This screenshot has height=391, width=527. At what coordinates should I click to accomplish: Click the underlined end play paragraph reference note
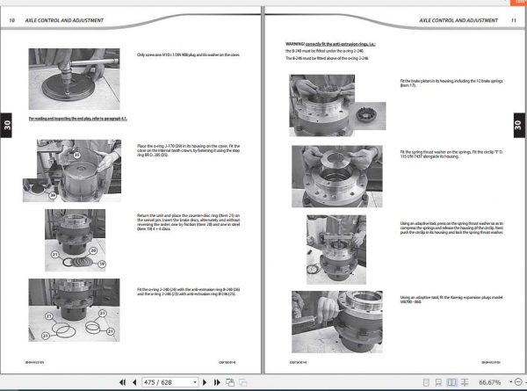[x=79, y=118]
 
